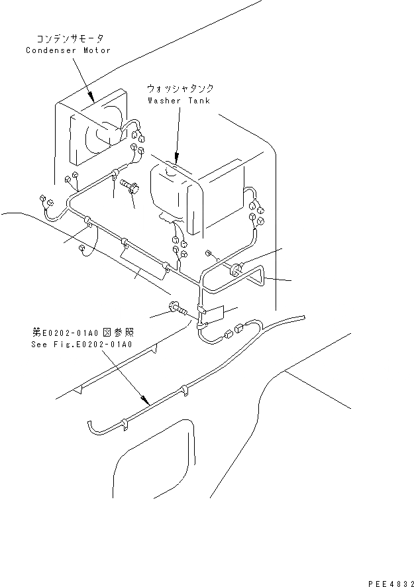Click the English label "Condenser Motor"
[68, 50]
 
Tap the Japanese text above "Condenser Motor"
[68, 39]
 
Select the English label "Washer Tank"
[178, 101]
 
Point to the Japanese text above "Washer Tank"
[180, 88]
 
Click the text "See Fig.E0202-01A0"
[81, 345]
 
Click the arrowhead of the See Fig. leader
[144, 401]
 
